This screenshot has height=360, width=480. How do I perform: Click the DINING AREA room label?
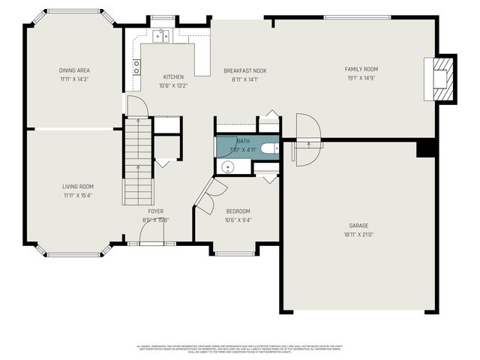(x=74, y=70)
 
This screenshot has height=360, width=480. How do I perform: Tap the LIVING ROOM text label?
(x=77, y=187)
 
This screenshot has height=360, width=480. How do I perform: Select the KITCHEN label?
(x=173, y=76)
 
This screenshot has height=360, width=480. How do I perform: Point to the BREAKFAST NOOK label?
(x=244, y=70)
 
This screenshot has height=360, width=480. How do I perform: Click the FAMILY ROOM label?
(x=361, y=69)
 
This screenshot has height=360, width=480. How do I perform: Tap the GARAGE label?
(x=358, y=226)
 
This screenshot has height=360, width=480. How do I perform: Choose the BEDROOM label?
(x=237, y=211)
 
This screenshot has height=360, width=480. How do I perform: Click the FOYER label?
(x=155, y=211)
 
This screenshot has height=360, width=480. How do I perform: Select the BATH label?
(x=244, y=140)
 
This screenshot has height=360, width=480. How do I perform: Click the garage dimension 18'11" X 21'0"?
(x=358, y=234)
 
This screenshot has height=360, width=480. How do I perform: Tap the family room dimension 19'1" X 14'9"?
(x=361, y=77)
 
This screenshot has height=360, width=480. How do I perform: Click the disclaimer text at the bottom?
(x=240, y=349)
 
